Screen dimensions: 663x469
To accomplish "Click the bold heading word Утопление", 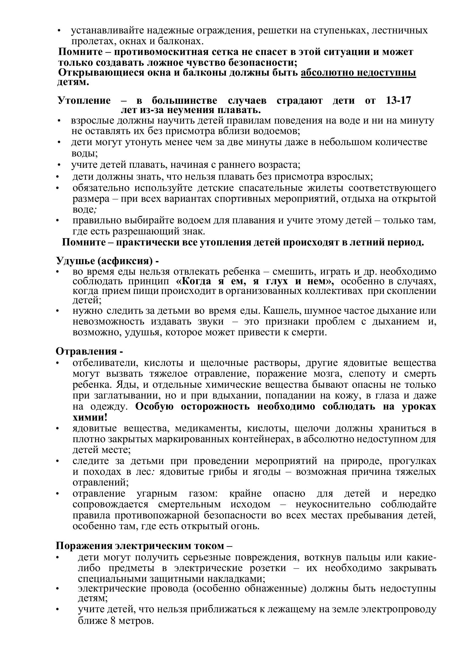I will [84, 101].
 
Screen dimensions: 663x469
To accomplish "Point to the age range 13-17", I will [398, 101].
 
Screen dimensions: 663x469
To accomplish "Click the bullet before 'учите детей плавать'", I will [59, 165].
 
